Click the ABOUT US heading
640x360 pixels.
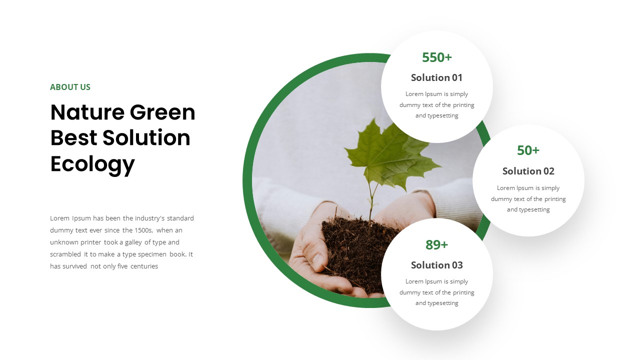point(70,87)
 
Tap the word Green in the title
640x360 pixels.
point(162,112)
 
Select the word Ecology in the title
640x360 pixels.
point(92,164)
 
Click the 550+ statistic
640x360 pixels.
point(436,57)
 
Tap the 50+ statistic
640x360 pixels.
point(528,150)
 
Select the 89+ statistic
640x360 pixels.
point(436,245)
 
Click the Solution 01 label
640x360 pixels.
point(436,77)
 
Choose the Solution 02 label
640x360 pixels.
point(528,171)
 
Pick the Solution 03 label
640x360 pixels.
point(436,265)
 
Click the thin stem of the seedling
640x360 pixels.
point(370,200)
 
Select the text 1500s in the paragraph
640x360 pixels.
point(144,230)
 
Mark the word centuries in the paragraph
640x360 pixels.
point(144,266)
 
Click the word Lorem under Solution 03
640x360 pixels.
point(414,281)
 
